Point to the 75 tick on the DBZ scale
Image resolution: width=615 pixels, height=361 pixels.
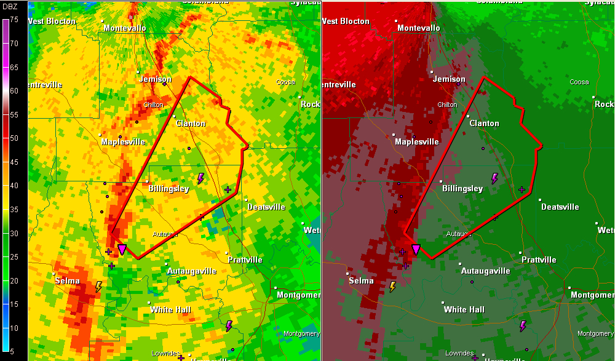click(14, 20)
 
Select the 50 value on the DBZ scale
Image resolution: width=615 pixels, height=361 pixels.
click(14, 138)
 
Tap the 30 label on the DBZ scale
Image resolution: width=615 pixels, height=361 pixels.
click(14, 233)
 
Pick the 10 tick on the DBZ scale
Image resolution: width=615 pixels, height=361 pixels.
click(14, 328)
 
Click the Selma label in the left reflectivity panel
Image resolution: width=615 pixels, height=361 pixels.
click(67, 281)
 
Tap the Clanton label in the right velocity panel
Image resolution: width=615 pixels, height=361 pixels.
click(484, 123)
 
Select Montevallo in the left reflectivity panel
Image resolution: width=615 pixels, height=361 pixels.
click(125, 28)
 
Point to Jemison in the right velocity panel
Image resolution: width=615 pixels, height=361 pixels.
click(449, 79)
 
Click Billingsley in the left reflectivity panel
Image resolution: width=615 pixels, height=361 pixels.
click(169, 189)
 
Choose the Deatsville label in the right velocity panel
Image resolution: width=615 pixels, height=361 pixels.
click(560, 207)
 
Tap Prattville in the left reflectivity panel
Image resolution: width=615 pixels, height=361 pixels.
click(245, 260)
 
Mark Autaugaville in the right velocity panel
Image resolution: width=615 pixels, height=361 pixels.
click(485, 271)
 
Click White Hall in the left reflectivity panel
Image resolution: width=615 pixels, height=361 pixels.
click(170, 309)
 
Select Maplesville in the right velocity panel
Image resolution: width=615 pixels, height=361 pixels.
click(416, 141)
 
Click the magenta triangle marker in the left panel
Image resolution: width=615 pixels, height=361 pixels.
click(122, 249)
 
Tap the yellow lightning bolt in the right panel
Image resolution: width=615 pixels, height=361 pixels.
click(392, 287)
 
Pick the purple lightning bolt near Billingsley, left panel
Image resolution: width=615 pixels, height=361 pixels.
click(200, 178)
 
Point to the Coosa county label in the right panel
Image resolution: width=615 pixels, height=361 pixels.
click(579, 82)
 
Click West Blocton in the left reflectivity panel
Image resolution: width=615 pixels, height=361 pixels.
click(52, 21)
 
